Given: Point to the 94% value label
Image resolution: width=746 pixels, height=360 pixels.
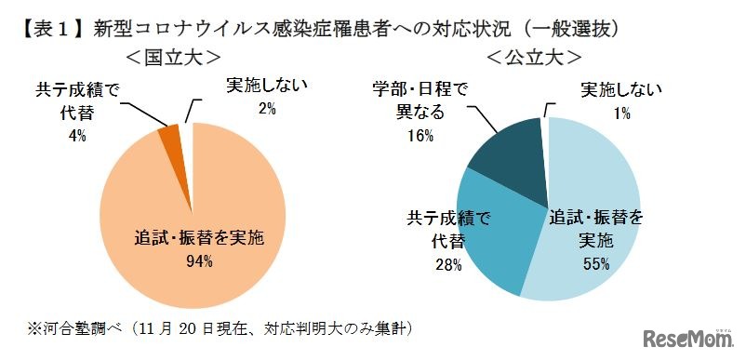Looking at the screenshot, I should pyautogui.click(x=199, y=261).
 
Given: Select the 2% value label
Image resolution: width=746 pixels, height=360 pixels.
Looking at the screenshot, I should pyautogui.click(x=268, y=110).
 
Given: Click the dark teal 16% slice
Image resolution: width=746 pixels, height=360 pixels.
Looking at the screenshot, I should pyautogui.click(x=509, y=167).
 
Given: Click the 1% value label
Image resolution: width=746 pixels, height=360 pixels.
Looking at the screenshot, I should pyautogui.click(x=621, y=113).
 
